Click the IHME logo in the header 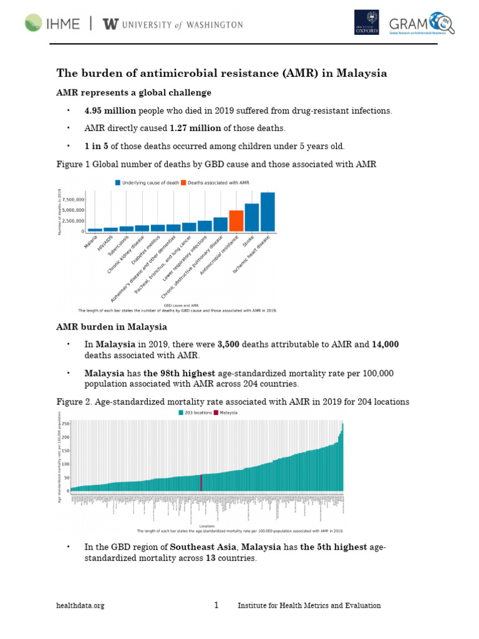52,24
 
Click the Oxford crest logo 366,22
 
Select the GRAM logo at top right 421,23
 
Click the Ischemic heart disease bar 268,212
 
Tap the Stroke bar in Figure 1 252,217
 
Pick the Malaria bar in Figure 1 95,230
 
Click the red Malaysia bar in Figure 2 201,483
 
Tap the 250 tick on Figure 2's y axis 65,424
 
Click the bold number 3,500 228,344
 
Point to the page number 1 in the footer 216,605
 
